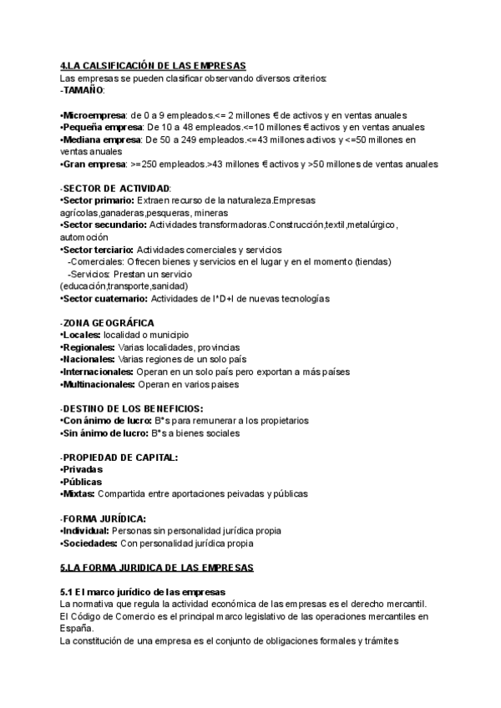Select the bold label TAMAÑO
pos(83,90)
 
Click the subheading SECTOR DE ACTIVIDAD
pos(117,189)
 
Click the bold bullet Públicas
pos(83,482)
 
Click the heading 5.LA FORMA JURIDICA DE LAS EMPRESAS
pos(157,567)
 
